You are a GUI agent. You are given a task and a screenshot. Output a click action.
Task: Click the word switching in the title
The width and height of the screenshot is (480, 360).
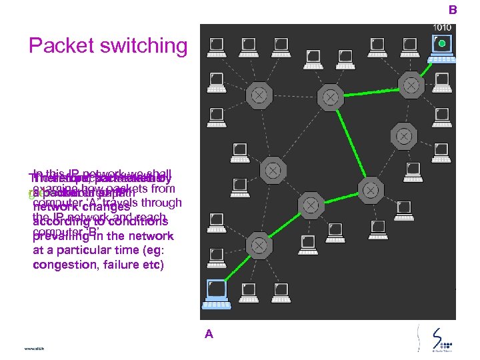(143, 47)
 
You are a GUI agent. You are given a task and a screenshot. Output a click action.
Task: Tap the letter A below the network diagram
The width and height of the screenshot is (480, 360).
(209, 335)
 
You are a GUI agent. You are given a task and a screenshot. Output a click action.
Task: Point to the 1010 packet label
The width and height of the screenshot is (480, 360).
(442, 27)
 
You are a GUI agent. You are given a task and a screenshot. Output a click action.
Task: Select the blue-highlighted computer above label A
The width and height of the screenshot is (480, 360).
(216, 290)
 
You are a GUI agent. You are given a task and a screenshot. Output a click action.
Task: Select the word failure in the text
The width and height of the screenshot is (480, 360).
(121, 265)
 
